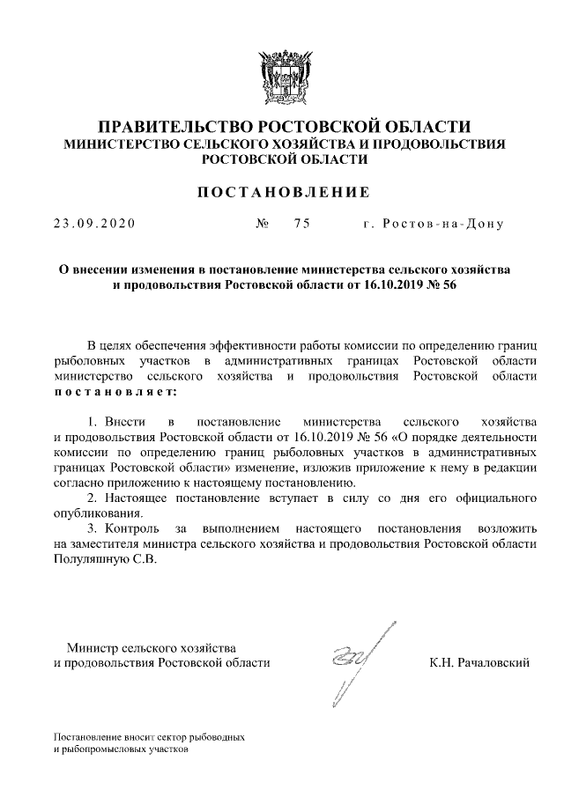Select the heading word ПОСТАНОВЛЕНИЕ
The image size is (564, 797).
click(282, 191)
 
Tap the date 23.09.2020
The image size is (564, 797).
click(93, 224)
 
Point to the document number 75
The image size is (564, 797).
click(302, 224)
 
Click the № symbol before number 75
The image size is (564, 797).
click(262, 224)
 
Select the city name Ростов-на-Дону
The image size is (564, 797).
click(433, 224)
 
